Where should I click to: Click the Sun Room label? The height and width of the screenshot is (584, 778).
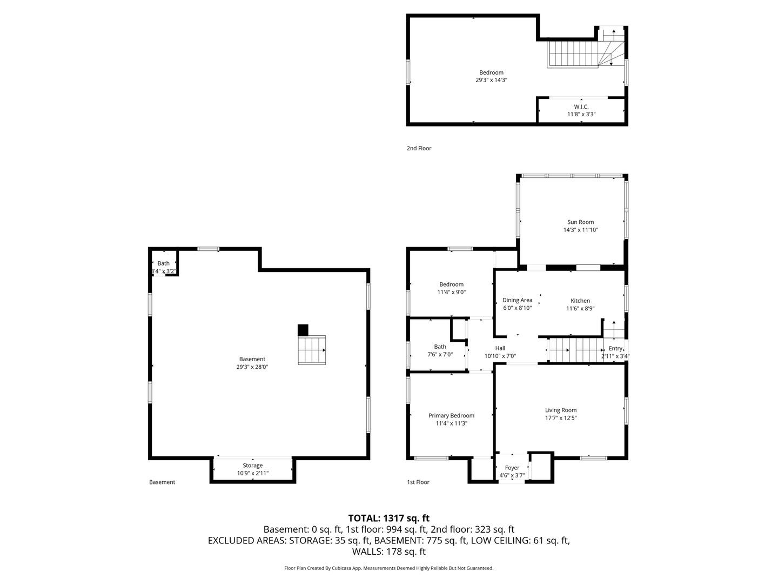point(580,222)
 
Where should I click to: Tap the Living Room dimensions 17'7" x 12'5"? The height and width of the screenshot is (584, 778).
point(561,417)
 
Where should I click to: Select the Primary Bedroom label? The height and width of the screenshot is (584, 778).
point(451,416)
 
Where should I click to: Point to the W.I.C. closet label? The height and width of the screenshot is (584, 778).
point(581,107)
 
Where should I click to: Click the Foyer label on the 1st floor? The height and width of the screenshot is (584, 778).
point(512,468)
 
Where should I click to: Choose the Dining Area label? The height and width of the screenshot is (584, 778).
point(517,300)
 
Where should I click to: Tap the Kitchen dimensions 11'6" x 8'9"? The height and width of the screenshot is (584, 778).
point(580,308)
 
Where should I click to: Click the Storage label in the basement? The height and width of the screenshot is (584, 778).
point(253,465)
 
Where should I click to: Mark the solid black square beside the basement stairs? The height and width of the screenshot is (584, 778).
point(303,330)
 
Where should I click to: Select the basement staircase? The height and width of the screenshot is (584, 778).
point(312,350)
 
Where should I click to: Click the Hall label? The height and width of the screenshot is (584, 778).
point(500,348)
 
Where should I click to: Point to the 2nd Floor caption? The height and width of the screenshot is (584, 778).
point(419,148)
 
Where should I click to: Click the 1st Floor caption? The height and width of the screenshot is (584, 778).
point(418,482)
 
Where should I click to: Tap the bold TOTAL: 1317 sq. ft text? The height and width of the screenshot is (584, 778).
point(389,518)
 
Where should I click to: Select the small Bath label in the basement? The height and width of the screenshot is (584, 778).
point(163,263)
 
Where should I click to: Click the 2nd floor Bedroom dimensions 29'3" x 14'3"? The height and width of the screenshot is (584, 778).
point(491,80)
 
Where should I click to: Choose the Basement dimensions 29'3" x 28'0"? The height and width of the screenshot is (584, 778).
point(252,367)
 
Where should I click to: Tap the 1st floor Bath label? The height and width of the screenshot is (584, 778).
point(440,347)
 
